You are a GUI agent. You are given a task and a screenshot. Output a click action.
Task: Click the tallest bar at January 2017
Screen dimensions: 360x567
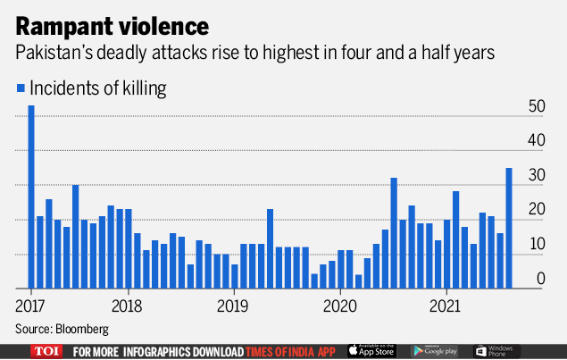tap(31, 197)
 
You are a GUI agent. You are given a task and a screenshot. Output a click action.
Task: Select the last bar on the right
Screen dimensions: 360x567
tap(509, 228)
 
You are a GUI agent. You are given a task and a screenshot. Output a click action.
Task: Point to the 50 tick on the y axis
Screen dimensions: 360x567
tap(535, 106)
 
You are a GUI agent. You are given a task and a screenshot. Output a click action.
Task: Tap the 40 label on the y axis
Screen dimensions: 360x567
tap(535, 141)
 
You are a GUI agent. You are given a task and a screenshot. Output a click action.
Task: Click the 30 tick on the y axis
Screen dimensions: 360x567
tap(535, 176)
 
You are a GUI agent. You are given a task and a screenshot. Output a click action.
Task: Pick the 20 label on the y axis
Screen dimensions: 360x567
tap(535, 211)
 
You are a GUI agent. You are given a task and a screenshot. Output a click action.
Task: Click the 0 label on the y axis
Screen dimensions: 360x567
tap(539, 280)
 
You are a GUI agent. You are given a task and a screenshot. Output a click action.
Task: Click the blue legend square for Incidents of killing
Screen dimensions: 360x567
tap(21, 88)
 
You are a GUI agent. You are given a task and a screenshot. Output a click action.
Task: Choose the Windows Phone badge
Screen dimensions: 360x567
tap(496, 351)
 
